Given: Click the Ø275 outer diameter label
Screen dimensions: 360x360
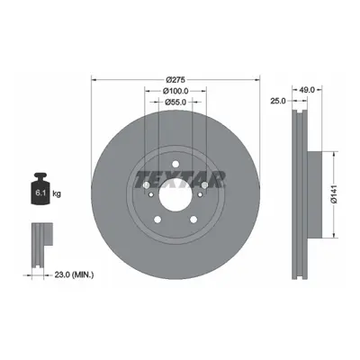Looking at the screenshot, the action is (x=175, y=80).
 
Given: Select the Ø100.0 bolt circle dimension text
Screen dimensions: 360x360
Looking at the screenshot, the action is (x=175, y=91).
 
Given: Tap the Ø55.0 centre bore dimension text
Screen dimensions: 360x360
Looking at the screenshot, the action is (x=175, y=102).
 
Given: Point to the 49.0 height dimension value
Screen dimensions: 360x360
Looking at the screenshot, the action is (x=307, y=90).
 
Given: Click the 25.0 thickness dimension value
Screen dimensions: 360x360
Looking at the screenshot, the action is (x=278, y=101).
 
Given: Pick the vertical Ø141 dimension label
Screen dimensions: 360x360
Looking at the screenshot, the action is (x=335, y=194).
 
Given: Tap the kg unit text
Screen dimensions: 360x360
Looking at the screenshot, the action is (x=57, y=193).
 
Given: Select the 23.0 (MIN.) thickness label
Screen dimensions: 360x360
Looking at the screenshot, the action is (x=74, y=274).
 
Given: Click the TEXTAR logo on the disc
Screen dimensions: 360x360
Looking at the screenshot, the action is (x=180, y=179).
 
